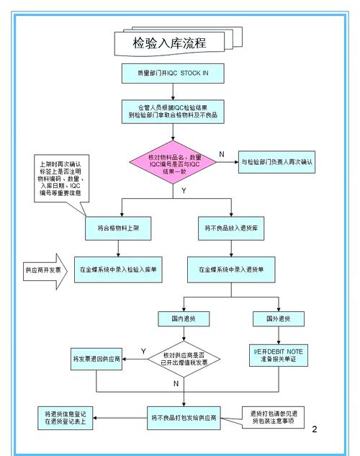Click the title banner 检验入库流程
click(x=170, y=43)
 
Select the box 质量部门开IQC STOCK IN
click(x=172, y=73)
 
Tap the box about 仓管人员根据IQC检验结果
click(x=172, y=110)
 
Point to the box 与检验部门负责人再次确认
click(x=276, y=162)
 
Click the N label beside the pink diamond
click(x=221, y=154)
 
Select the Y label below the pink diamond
click(x=184, y=191)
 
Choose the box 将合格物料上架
click(x=122, y=228)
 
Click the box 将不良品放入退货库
click(x=230, y=228)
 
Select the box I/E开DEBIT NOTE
click(x=277, y=355)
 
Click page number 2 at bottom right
click(x=315, y=429)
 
